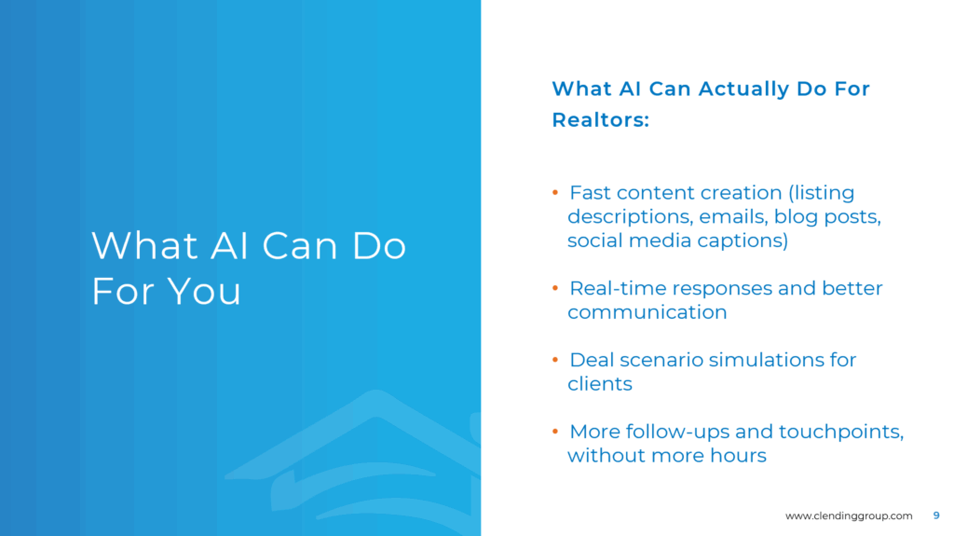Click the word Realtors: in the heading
601,120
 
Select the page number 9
936,515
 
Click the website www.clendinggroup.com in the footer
849,515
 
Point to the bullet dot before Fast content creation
555,192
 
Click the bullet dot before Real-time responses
555,288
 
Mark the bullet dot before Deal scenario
555,360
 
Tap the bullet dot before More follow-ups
555,432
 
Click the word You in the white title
204,291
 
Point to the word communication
647,312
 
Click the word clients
600,384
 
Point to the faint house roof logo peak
376,392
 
